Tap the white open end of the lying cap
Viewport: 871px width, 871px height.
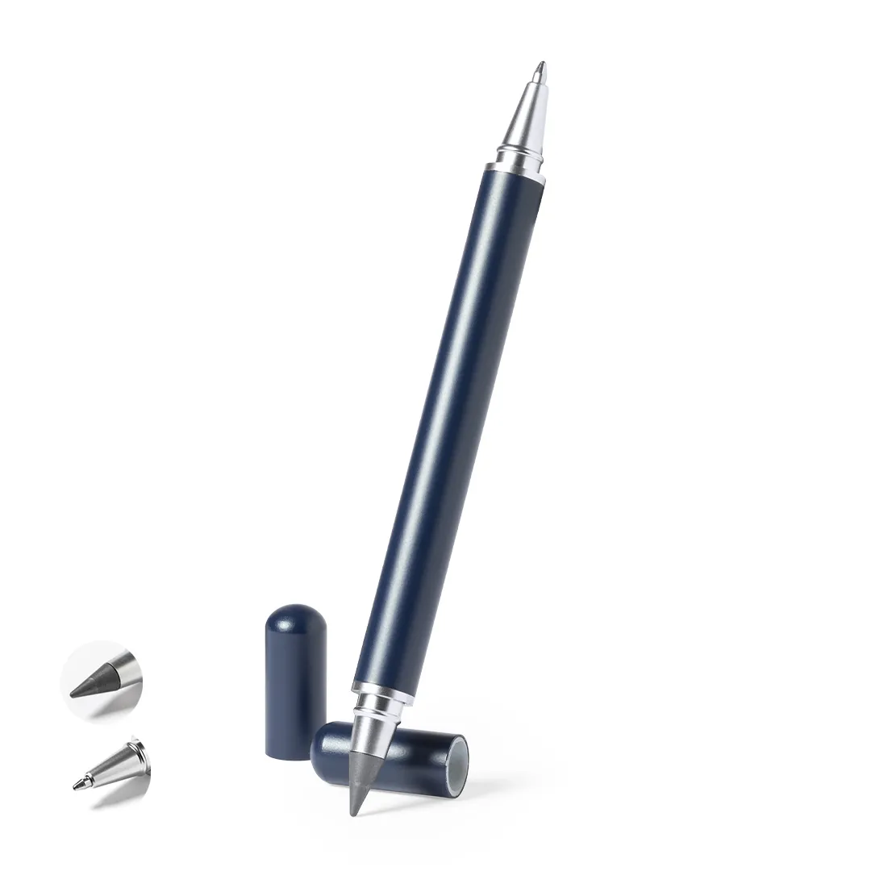459,761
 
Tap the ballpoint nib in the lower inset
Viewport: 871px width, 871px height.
80,784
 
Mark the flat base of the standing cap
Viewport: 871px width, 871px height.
290,754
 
